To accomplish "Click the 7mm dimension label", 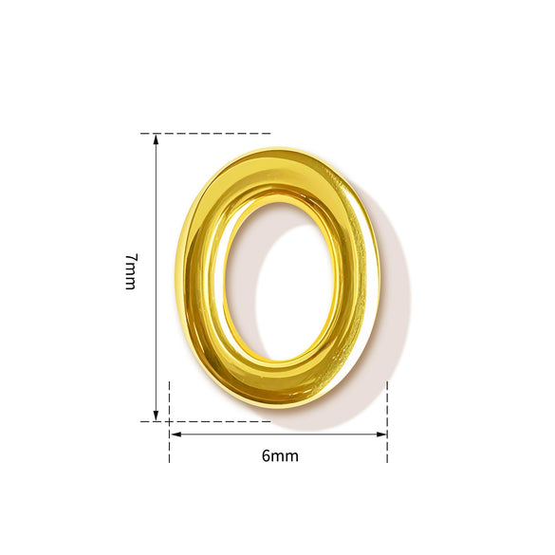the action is click(x=130, y=272).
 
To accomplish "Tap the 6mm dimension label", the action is click(x=280, y=456).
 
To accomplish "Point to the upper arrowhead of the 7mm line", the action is click(x=156, y=139).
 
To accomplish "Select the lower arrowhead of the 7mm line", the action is click(x=156, y=416).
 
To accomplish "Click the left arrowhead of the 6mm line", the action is click(x=176, y=435).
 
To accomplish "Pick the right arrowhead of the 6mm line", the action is click(x=381, y=435).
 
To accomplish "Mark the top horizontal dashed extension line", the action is click(x=206, y=134).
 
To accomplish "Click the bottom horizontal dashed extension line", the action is click(x=206, y=421).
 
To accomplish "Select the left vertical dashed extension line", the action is click(x=170, y=422).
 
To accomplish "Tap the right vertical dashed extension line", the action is click(x=387, y=422).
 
